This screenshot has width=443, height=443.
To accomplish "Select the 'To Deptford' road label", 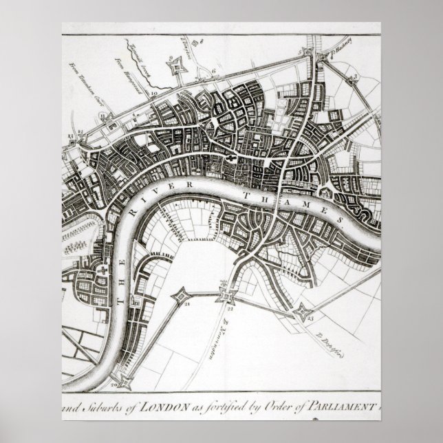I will (x=330, y=343).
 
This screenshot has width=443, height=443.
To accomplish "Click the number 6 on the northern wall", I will (x=215, y=71).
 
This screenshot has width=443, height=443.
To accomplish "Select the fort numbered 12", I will (x=81, y=130).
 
